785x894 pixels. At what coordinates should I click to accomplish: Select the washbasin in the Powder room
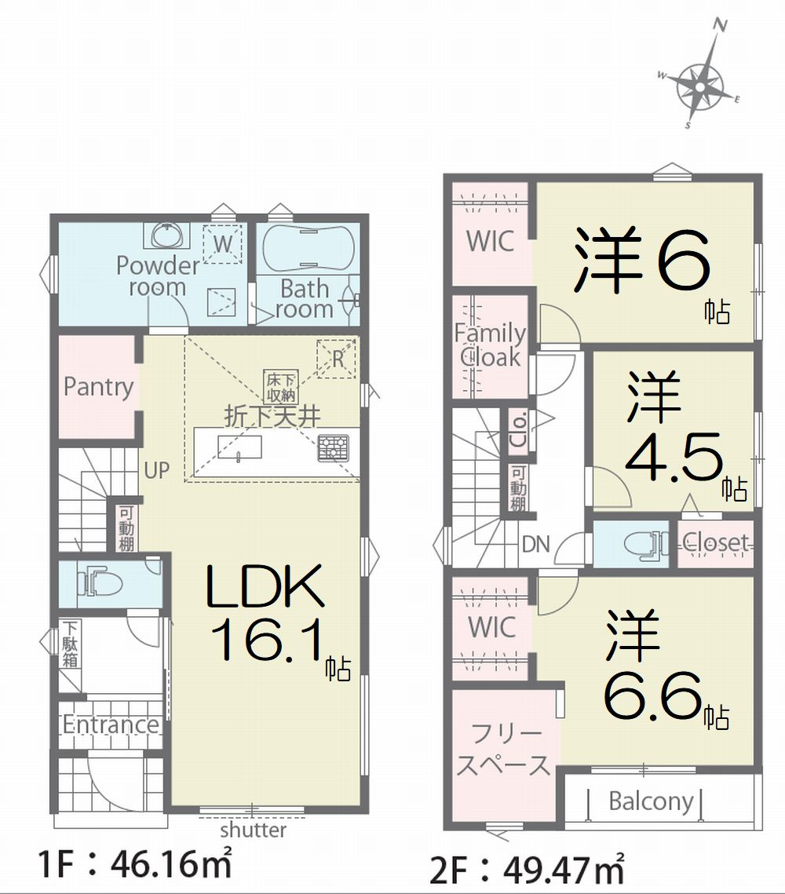coord(170,235)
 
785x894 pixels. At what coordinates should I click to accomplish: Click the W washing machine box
coord(223,244)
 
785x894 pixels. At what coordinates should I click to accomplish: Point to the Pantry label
coord(99,387)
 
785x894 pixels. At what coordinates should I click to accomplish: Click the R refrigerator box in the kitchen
coord(336,359)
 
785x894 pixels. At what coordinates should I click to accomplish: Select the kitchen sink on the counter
coord(239,447)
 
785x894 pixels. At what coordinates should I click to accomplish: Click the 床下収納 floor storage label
coord(281,387)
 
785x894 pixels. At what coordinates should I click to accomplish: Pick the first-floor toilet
coord(103,583)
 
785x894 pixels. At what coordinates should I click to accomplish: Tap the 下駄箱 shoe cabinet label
coord(71,644)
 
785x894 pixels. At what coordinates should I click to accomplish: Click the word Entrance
coord(111,724)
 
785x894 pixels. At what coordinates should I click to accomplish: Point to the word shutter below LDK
coord(253,830)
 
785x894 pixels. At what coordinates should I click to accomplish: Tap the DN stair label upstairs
coord(536,545)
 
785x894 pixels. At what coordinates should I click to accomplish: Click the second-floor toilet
coord(647,544)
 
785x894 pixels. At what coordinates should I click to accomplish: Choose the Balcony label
coord(651,801)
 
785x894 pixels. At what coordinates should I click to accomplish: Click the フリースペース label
coord(503,750)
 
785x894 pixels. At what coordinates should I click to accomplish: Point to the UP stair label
coord(156,471)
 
